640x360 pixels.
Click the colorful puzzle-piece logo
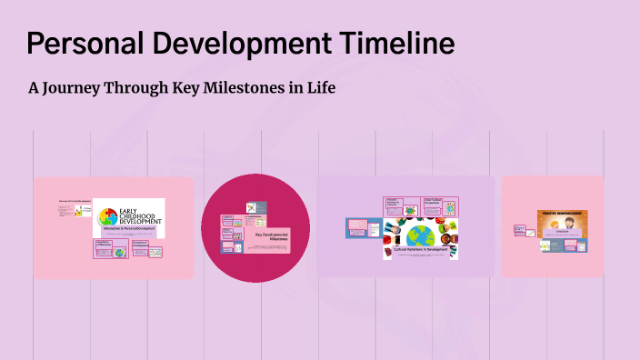[107, 217]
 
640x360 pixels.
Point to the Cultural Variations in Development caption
[420, 248]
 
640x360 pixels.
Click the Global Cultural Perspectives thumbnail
[441, 205]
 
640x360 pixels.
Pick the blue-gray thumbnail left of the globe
[357, 227]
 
